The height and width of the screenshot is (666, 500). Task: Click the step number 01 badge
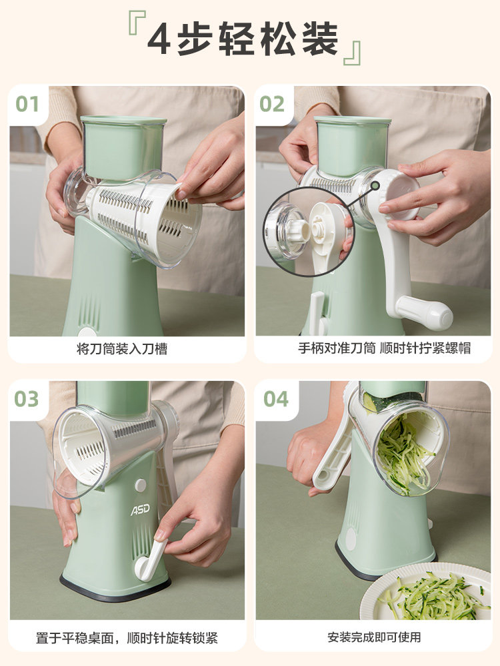coord(28,104)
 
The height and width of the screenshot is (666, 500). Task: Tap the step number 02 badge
coord(273,104)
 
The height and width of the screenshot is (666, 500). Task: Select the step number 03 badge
coord(27,399)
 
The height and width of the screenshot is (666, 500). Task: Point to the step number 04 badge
coord(275,399)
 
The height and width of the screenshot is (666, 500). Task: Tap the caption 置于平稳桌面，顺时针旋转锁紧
coord(127,637)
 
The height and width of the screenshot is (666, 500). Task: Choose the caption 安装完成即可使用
coord(374,637)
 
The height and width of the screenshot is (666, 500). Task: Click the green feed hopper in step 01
coord(123,147)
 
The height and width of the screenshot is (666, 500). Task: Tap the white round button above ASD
coord(141,486)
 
